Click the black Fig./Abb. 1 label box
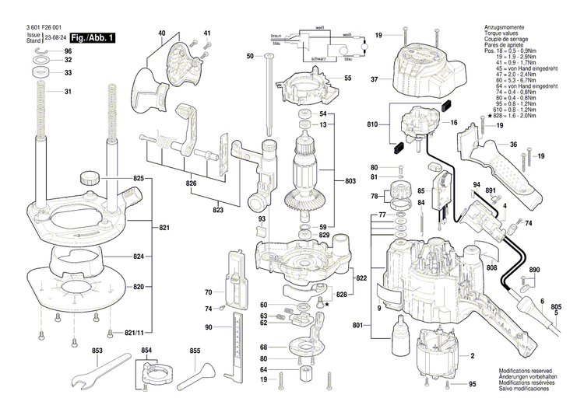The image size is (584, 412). (92, 37)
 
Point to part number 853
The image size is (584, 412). (97, 351)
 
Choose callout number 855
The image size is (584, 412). (194, 351)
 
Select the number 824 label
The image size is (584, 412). (138, 257)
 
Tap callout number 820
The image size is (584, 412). (138, 287)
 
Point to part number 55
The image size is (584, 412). (348, 78)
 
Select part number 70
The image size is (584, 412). (209, 292)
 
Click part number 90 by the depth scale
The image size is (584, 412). (209, 327)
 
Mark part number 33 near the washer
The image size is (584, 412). (68, 73)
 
